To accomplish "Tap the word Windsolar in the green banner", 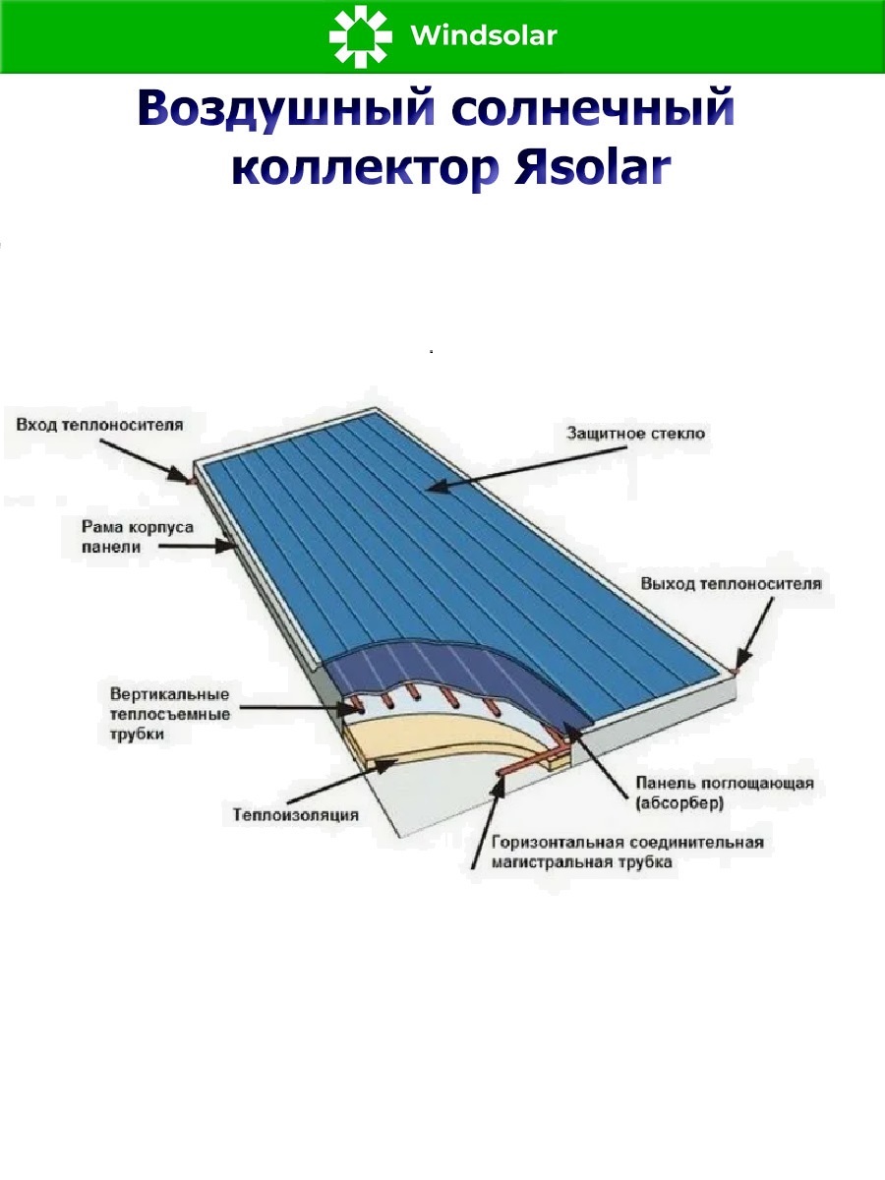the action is (x=484, y=37).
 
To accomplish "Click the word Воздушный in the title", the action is (x=286, y=109).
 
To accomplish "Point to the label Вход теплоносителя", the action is (x=98, y=425).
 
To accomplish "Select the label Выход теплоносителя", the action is (x=731, y=583).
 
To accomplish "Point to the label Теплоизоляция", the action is (x=295, y=814).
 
